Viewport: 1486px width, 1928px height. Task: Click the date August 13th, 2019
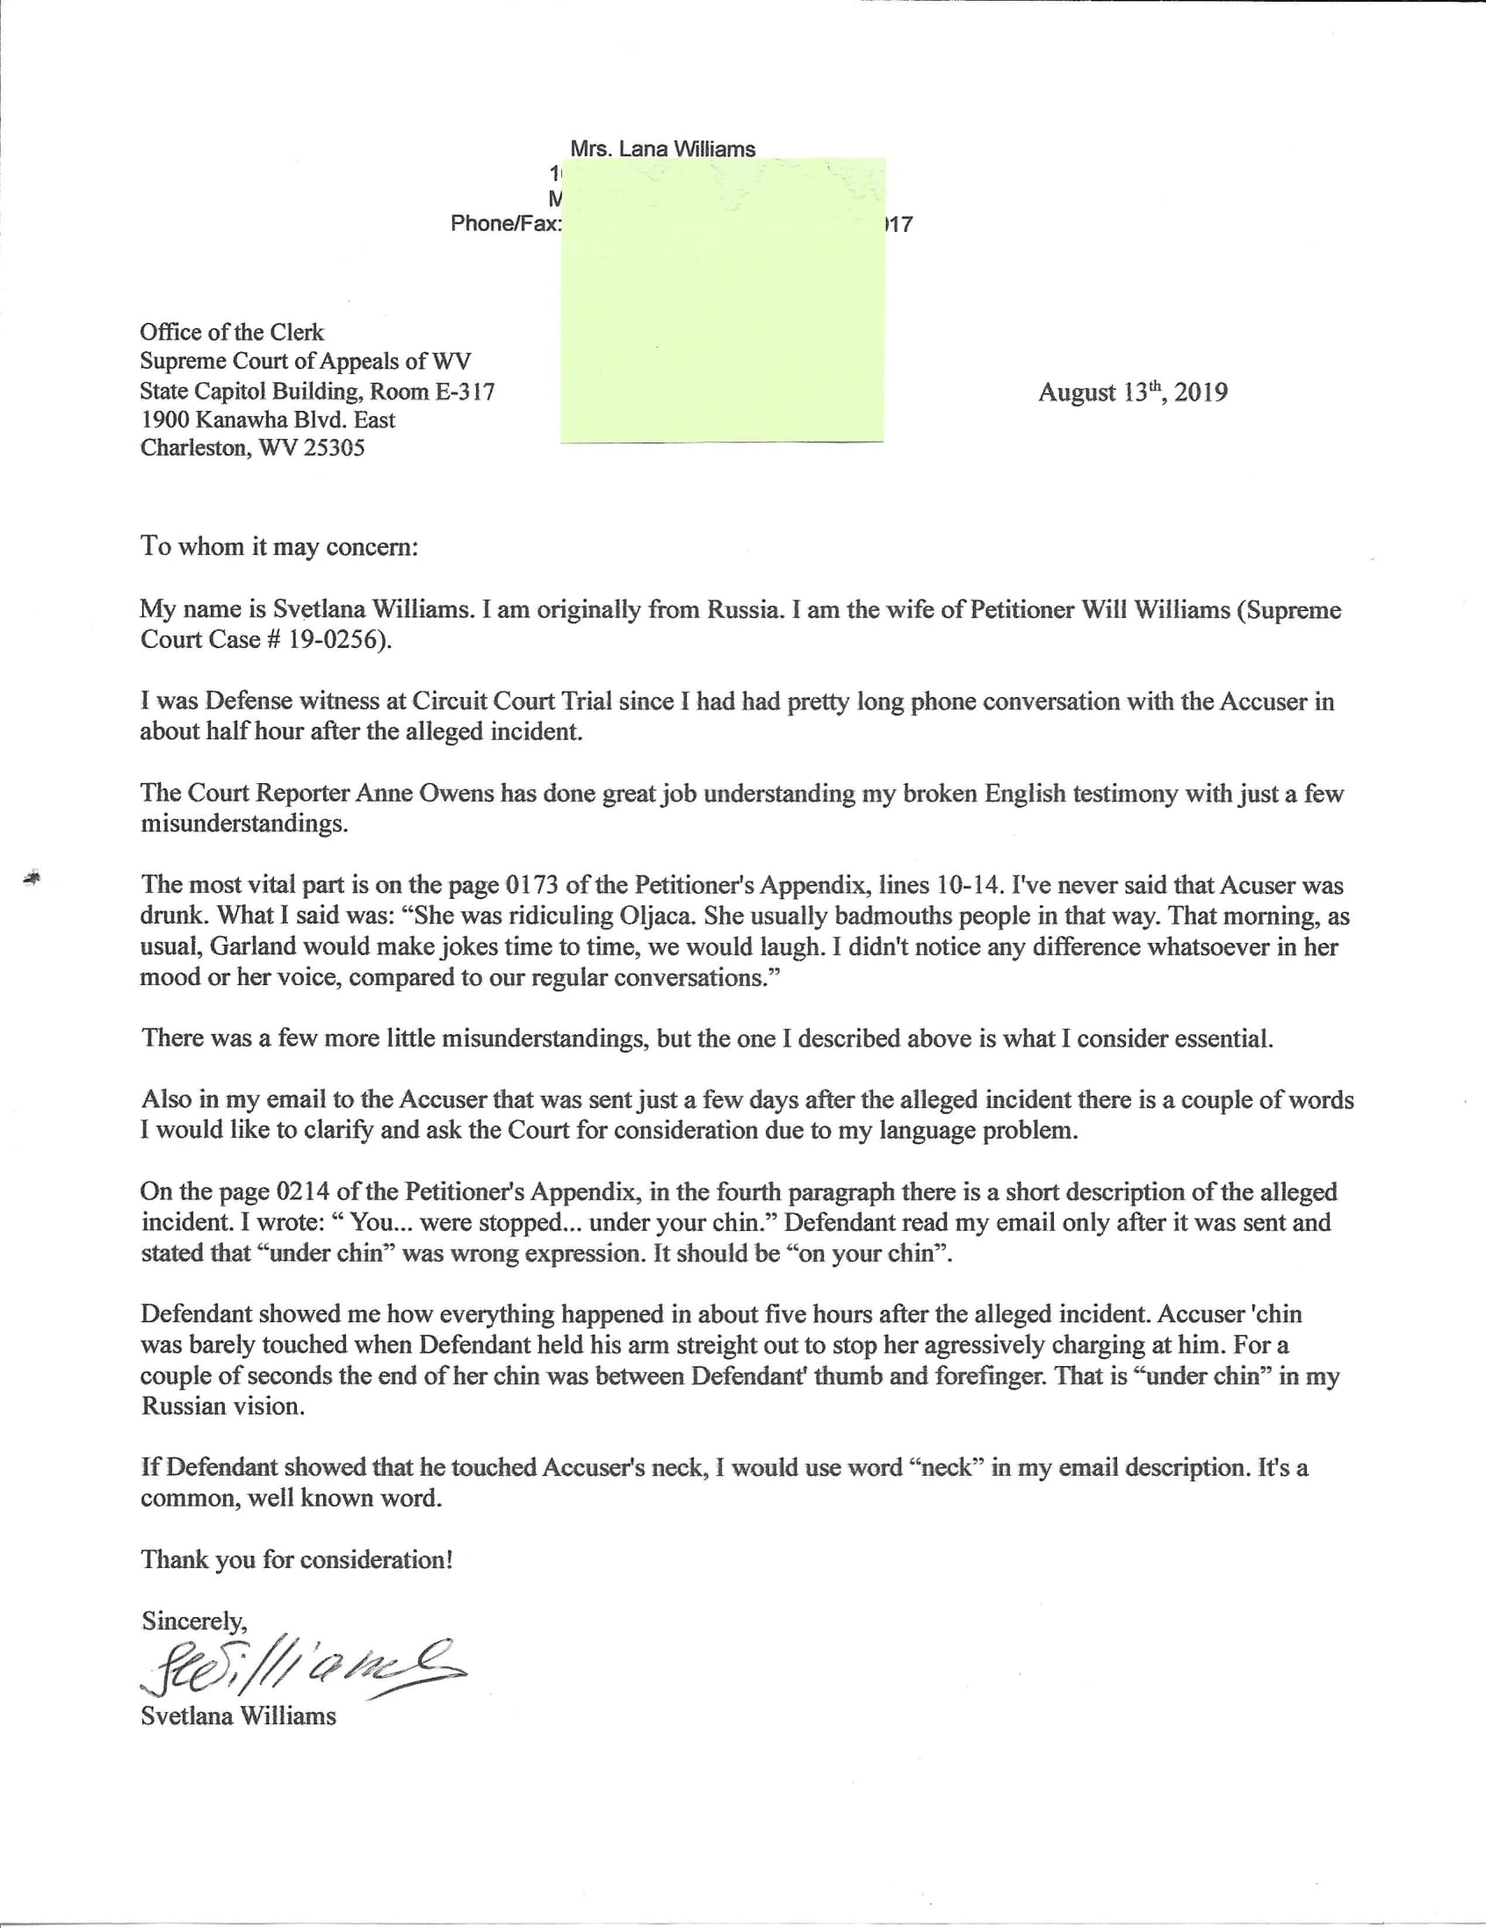pos(1132,392)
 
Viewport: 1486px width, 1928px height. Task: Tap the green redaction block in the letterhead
pos(722,300)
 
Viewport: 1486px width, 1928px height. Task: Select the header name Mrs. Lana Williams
pos(662,149)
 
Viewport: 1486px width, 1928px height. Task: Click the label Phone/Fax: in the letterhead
pos(505,223)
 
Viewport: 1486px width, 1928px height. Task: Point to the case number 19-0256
pos(335,639)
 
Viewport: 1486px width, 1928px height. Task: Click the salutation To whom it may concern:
pos(279,546)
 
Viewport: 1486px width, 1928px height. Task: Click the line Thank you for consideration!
pos(297,1559)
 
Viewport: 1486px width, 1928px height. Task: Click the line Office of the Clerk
pos(231,333)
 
